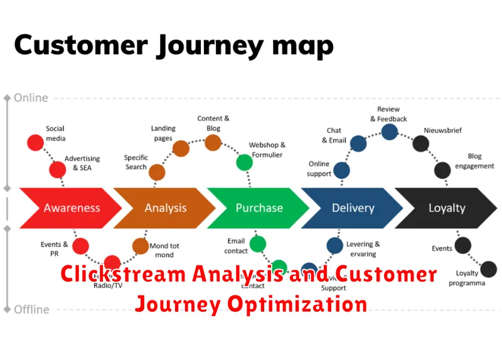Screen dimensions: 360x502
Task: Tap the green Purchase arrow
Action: (259, 208)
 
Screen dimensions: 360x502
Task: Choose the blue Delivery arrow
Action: (352, 208)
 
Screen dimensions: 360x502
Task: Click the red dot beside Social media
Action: (35, 142)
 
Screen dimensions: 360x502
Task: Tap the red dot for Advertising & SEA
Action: (58, 169)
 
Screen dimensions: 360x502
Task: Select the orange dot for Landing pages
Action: (181, 148)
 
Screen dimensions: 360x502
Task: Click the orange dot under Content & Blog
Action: (213, 142)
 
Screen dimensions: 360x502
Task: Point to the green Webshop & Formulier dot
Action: (245, 163)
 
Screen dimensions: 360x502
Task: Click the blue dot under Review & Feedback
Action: (390, 132)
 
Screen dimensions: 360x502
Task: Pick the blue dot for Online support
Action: (341, 170)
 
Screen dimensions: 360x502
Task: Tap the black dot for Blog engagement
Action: (442, 170)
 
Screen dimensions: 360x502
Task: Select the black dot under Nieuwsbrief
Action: (421, 144)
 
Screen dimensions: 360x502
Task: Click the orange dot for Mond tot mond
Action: (141, 246)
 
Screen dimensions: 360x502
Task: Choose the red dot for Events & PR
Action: (80, 246)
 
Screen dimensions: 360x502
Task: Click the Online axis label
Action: (31, 98)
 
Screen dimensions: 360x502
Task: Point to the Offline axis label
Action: (32, 309)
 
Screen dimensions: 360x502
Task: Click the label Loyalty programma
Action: (466, 278)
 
